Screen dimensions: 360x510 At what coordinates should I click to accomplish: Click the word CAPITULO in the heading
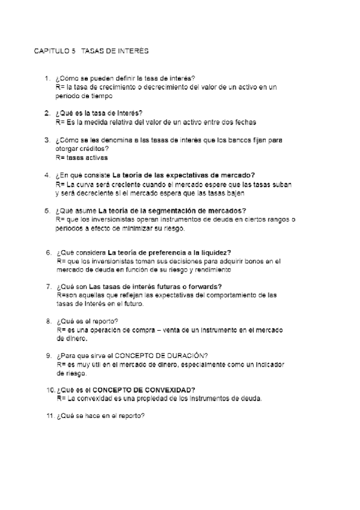(x=49, y=51)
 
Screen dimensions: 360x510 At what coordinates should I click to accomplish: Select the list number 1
(x=47, y=79)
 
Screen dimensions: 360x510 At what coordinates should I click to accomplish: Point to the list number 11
(x=49, y=416)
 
